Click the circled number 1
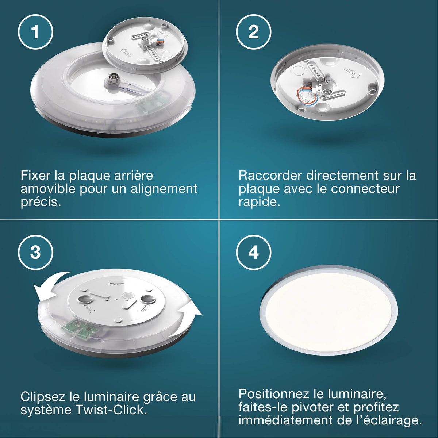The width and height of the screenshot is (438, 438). [x=35, y=32]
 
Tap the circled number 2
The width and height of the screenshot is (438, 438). [x=253, y=32]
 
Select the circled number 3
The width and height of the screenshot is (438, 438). [x=35, y=253]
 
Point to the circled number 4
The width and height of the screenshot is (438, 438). [x=253, y=253]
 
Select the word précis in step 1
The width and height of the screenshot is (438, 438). [x=41, y=202]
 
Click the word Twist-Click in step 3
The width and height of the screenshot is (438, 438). [x=111, y=410]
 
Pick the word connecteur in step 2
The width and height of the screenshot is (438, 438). [x=365, y=188]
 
